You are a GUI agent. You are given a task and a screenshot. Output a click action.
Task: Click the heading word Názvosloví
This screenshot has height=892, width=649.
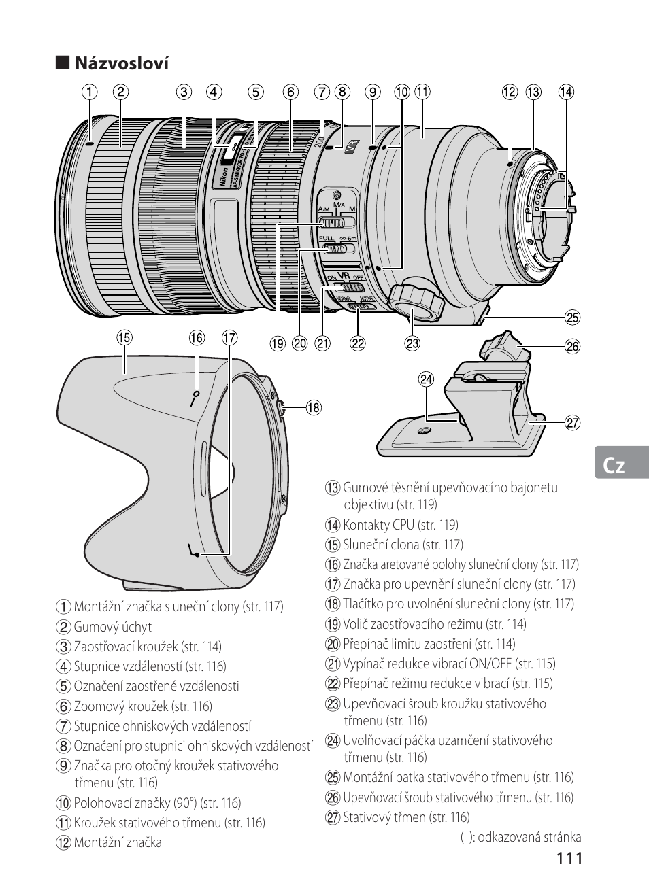[122, 63]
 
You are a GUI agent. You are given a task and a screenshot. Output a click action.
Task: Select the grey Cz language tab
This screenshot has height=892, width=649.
[622, 462]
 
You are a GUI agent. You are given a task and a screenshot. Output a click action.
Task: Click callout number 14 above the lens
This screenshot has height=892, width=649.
[566, 92]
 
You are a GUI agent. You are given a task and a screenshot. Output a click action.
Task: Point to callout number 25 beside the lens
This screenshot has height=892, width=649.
[573, 318]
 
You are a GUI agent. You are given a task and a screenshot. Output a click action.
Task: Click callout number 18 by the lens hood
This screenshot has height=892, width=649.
[314, 407]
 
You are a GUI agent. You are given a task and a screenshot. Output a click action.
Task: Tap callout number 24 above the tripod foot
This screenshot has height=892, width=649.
[426, 379]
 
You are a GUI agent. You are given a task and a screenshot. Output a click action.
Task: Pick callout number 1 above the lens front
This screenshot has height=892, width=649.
[90, 92]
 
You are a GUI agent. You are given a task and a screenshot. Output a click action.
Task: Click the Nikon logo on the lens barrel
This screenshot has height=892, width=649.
[224, 176]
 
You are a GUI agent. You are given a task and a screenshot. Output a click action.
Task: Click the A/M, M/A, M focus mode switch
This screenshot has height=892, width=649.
[337, 222]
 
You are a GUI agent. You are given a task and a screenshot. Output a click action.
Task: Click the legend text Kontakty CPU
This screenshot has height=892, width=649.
[378, 525]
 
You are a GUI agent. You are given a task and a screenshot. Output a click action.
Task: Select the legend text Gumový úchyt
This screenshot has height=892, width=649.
[113, 627]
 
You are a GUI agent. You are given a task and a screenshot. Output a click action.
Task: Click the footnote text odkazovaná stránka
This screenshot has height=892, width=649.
[529, 837]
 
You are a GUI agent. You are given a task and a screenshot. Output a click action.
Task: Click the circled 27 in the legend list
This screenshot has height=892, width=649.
[333, 817]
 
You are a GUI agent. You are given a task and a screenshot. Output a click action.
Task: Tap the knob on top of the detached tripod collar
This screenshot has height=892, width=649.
[505, 346]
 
